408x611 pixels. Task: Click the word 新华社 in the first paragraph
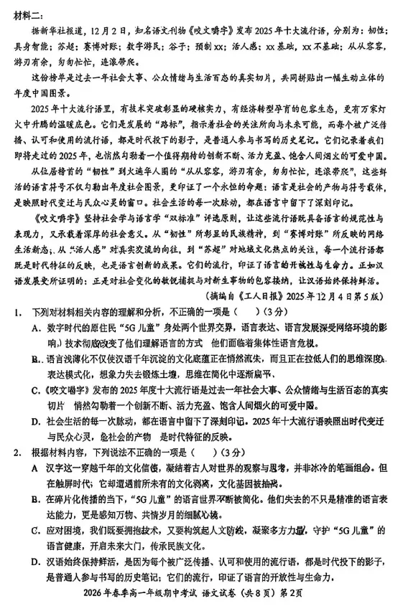pyautogui.click(x=59, y=32)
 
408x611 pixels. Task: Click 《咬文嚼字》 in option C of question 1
pyautogui.click(x=73, y=391)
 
